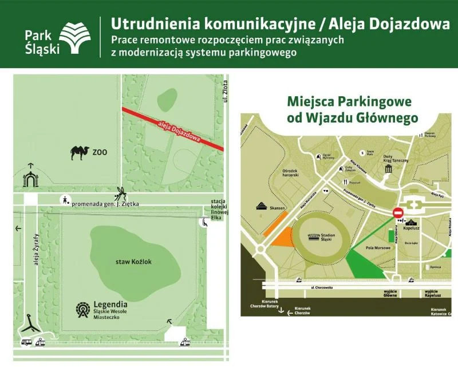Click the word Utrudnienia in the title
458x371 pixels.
click(x=146, y=24)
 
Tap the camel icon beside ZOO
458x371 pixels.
click(x=81, y=152)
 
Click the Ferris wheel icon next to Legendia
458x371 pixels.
click(x=84, y=310)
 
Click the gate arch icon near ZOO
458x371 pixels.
click(x=29, y=179)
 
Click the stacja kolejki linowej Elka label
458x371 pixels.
click(x=219, y=209)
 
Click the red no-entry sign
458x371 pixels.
click(x=398, y=213)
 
